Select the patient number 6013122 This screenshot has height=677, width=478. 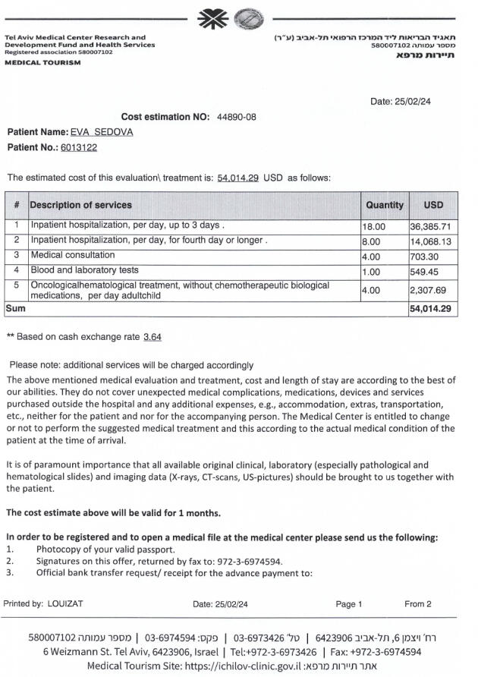click(79, 147)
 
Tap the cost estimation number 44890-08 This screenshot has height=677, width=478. click(237, 117)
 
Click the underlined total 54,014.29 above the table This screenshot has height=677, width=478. click(238, 178)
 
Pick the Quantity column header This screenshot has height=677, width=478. click(385, 205)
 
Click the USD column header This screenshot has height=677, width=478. click(433, 205)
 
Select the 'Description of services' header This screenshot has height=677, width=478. click(80, 205)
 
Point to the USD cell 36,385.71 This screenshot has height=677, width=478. click(430, 226)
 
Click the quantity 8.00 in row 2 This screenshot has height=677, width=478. click(373, 241)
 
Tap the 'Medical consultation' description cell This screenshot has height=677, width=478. click(73, 255)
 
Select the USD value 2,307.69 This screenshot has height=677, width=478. click(428, 290)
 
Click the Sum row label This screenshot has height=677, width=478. click(15, 309)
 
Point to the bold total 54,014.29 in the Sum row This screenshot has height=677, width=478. click(430, 309)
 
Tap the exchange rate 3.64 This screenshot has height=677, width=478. click(152, 336)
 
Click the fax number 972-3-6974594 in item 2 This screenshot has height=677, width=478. click(250, 562)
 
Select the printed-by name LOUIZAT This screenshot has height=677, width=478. click(65, 604)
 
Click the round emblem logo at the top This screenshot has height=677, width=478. click(246, 18)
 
